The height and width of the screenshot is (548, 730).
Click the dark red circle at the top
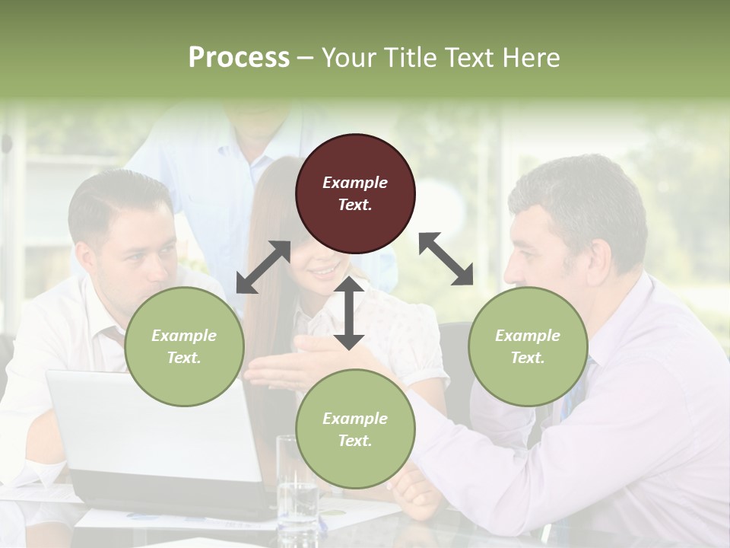[x=355, y=193]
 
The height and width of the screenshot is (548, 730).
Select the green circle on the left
[x=184, y=346]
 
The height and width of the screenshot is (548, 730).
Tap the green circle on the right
[x=527, y=346]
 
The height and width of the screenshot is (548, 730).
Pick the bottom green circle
[x=355, y=429]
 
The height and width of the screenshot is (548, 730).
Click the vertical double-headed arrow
[x=349, y=313]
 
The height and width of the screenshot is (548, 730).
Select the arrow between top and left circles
[x=263, y=267]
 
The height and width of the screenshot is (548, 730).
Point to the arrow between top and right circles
[x=446, y=259]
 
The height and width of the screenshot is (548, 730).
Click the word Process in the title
[x=239, y=57]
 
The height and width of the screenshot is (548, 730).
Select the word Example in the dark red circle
[x=355, y=183]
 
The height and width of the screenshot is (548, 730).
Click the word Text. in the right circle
[x=527, y=358]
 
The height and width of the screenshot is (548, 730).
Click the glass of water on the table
[x=296, y=487]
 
